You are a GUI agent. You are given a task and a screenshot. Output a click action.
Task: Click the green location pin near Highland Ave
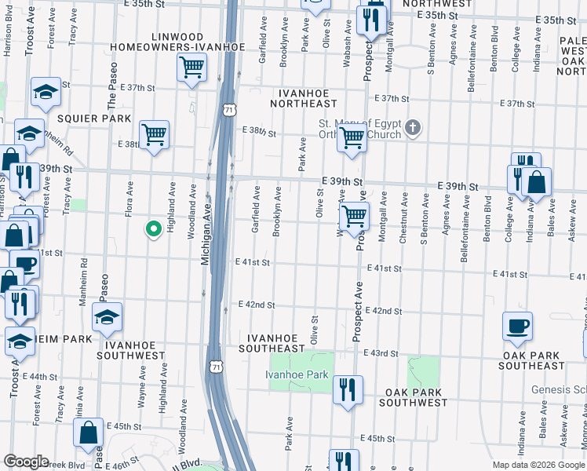154,229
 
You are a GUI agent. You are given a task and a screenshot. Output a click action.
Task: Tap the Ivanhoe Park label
296,375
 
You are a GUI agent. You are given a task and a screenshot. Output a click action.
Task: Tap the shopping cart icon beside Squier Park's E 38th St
154,134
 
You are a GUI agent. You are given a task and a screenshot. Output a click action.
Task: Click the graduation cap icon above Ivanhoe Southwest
107,317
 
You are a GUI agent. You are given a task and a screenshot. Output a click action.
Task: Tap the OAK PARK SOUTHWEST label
413,397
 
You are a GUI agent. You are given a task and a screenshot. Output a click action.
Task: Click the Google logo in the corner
26,462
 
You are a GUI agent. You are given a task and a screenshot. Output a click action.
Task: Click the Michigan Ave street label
205,235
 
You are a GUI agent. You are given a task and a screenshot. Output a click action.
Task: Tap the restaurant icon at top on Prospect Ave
371,19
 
